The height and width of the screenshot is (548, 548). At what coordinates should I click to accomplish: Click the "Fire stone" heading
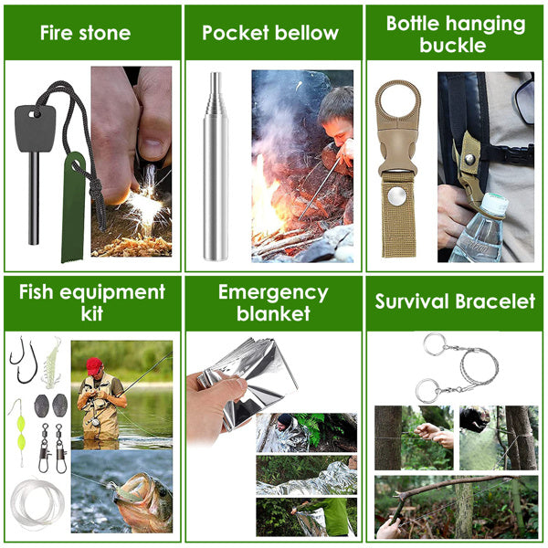click(x=86, y=34)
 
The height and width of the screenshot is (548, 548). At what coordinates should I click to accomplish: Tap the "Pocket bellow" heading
click(x=270, y=34)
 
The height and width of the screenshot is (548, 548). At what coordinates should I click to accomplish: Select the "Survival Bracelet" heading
click(x=455, y=300)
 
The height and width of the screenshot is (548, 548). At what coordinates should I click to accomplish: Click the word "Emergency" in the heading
click(x=273, y=293)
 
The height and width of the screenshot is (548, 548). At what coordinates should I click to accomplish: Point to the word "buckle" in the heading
click(x=456, y=45)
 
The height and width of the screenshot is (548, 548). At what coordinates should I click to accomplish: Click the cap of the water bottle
click(x=493, y=204)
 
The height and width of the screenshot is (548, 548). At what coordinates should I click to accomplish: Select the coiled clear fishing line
click(x=37, y=501)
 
